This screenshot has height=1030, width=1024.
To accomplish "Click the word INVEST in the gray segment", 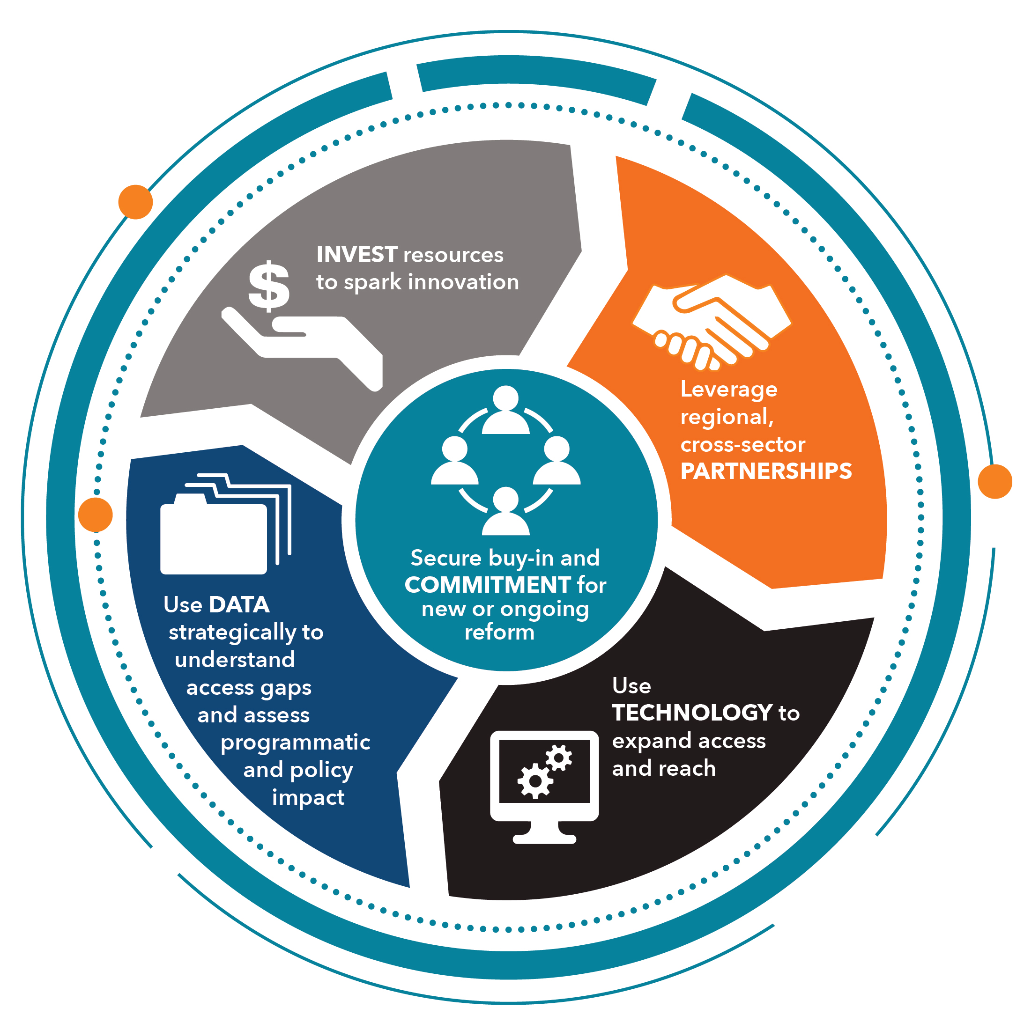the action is coord(357,255).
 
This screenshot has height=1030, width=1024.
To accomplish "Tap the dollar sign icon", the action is coord(269,286).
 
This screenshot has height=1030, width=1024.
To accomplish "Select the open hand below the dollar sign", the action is coord(302,349).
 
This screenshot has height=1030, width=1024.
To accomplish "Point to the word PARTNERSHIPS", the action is coord(766,471).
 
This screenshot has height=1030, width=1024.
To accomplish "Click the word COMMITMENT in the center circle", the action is coord(488,585).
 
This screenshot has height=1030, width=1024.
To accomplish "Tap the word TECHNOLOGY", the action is coord(692,713).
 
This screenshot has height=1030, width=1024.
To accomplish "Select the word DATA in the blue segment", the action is coord(239,604).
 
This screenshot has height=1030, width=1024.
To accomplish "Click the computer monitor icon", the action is coord(544,787).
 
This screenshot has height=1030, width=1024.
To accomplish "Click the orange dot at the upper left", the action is coord(135,202).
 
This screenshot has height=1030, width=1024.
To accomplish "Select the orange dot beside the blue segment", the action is coord(96,515).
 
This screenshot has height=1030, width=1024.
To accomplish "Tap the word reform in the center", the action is coord(499,633).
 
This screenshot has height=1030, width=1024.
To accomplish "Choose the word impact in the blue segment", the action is coord(308,798).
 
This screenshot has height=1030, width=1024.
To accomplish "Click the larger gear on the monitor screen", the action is coord(535,781).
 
